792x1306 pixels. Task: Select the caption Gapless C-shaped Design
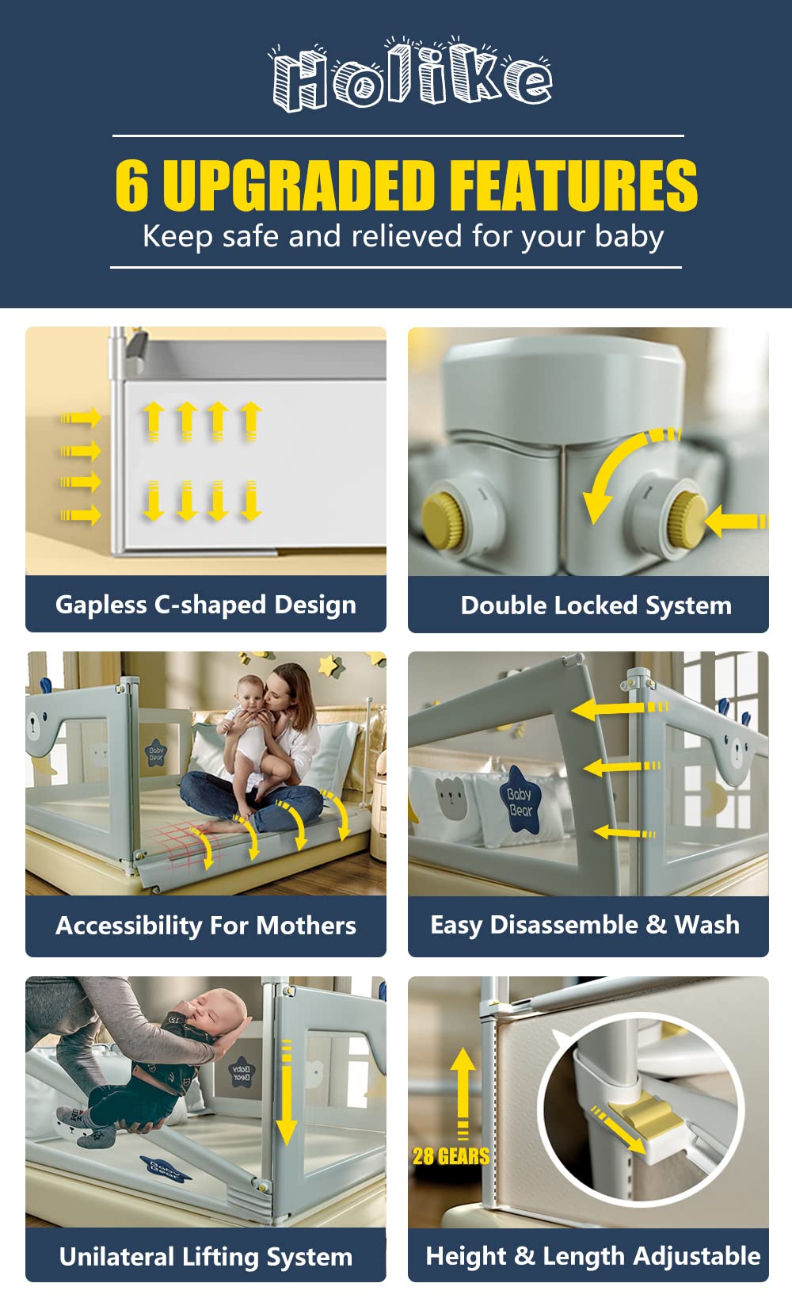206,605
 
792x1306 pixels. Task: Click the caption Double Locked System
596,605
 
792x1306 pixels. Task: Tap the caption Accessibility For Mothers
206,926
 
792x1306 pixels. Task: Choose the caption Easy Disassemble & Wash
585,926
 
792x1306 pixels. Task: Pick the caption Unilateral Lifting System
206,1257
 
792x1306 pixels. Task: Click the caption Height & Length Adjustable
593,1256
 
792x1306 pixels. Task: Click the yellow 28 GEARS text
451,1156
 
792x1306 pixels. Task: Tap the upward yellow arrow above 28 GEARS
463,1094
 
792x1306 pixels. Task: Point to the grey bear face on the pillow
451,796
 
